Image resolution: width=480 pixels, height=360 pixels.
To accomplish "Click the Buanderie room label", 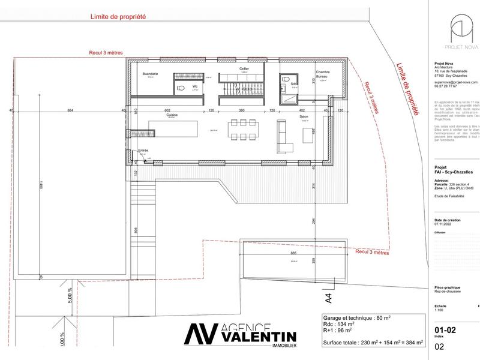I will (150, 74).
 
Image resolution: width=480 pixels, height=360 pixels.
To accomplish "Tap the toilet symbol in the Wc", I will (180, 87).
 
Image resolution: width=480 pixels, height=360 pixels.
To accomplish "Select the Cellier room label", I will (244, 70).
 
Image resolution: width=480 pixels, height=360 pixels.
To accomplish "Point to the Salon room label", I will (304, 116).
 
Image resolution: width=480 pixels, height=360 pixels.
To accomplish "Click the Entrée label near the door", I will (143, 150).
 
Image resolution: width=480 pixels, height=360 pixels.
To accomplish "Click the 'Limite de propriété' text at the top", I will (118, 17).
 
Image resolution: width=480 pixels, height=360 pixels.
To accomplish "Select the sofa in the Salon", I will (281, 137).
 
